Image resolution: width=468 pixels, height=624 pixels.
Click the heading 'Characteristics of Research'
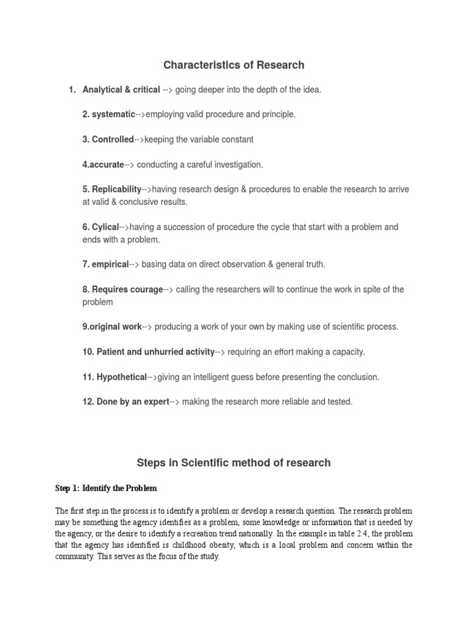[233, 65]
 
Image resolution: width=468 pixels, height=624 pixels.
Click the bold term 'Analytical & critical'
[121, 90]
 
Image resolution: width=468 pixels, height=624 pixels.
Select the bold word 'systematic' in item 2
[113, 115]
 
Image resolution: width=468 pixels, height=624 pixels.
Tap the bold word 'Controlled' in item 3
[112, 140]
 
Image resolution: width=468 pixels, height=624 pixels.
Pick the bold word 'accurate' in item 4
[107, 165]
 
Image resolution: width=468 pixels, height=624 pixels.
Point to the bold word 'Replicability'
[116, 190]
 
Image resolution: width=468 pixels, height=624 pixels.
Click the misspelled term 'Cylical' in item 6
[105, 227]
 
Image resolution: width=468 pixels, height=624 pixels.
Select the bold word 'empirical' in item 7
[110, 264]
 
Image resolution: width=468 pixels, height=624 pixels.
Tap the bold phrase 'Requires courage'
[127, 289]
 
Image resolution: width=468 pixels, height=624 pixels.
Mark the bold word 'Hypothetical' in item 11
[121, 377]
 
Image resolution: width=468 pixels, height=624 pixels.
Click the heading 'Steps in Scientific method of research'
[233, 463]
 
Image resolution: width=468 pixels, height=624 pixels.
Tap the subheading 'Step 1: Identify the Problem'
[106, 488]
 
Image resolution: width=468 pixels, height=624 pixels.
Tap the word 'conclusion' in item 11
[357, 377]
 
